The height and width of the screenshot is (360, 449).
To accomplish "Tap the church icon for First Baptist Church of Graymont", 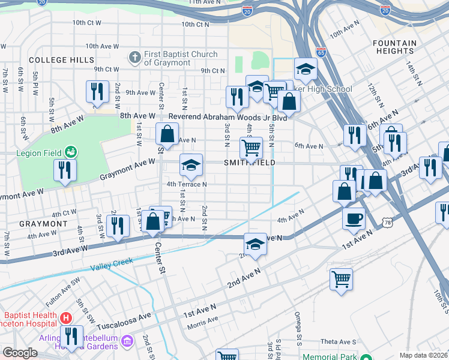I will click(134, 58).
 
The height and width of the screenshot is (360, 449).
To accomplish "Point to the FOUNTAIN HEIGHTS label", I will click(394, 47).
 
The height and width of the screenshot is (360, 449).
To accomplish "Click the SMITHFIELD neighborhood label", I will click(250, 163).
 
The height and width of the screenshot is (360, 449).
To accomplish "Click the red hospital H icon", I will click(67, 317).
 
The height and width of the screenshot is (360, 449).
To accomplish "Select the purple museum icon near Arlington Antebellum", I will click(127, 341).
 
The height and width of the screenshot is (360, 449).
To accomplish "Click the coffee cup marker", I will click(354, 218).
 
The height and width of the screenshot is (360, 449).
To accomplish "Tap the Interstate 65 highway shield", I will click(321, 52).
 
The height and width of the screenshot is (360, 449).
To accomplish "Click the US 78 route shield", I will click(388, 223).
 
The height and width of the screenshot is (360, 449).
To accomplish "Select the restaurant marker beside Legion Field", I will click(65, 170).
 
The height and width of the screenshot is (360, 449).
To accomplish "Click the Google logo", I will click(20, 353).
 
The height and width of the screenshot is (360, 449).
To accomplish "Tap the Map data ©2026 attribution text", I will click(423, 355).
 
